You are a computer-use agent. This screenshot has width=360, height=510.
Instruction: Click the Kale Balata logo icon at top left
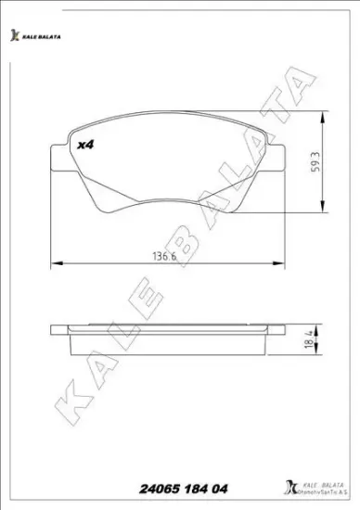(x=14, y=35)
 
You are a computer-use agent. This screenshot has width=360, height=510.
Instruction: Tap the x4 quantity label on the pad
(x=86, y=146)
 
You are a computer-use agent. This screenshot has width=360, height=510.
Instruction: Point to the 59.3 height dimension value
(x=317, y=163)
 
